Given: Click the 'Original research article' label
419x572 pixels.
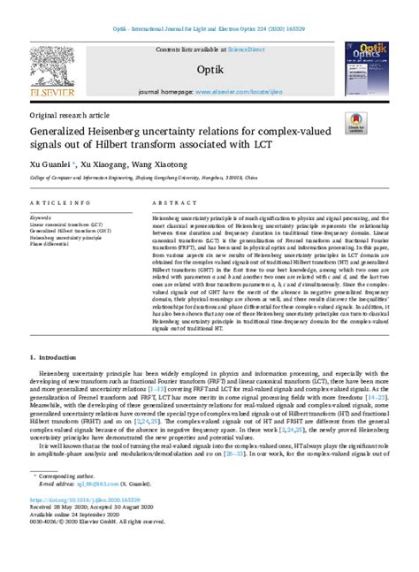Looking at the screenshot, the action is point(69,116).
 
